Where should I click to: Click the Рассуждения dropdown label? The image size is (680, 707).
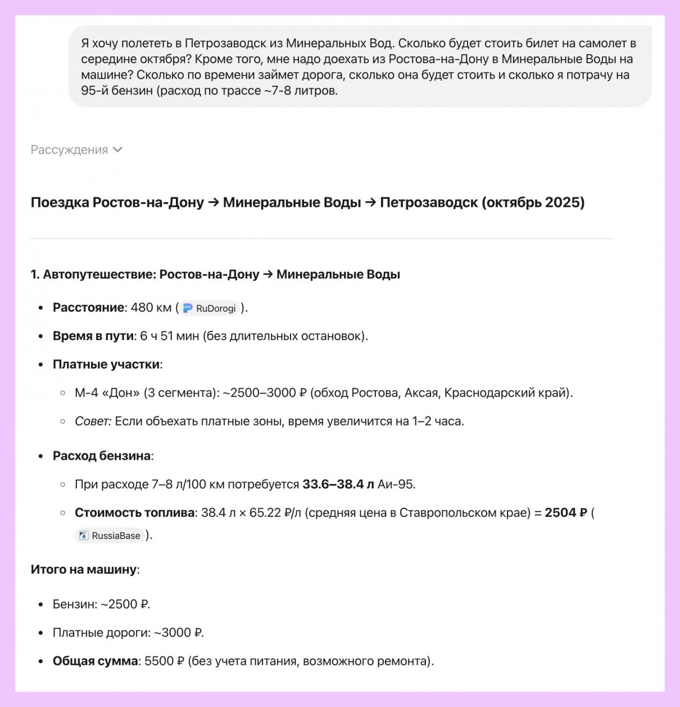tap(69, 150)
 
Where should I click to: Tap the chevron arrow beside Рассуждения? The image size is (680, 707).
tap(118, 150)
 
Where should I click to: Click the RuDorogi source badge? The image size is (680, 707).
tap(210, 308)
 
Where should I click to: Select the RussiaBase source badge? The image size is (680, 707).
tap(109, 536)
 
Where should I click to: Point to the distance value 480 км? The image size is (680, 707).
tap(151, 308)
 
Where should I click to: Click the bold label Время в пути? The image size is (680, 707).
tap(93, 336)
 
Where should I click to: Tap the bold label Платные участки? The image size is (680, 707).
tap(106, 365)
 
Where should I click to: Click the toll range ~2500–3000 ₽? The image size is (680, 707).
tap(264, 393)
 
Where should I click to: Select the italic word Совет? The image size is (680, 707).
tap(92, 422)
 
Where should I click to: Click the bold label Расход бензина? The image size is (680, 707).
tap(101, 456)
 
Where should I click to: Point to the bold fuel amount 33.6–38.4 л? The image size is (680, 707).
tap(338, 484)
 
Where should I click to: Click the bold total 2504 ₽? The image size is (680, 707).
tap(566, 513)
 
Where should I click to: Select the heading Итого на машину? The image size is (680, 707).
tap(84, 570)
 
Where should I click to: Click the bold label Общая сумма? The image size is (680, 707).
tap(95, 661)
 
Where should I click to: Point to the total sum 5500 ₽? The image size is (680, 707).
tap(164, 661)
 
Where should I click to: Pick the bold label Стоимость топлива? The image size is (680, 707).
tap(134, 513)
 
